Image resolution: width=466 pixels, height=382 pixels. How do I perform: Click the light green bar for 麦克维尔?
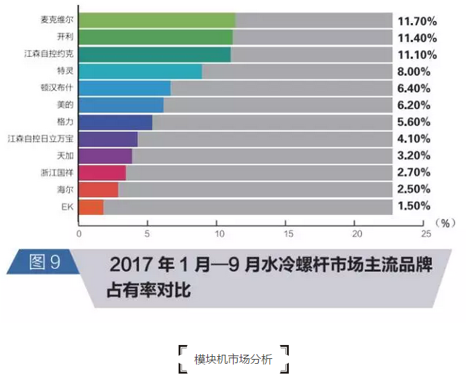point(157,20)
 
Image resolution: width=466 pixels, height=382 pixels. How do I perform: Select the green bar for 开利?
point(156,37)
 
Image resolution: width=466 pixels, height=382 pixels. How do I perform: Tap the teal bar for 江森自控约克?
point(154,54)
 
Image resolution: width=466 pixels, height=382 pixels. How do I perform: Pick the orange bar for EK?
point(91,207)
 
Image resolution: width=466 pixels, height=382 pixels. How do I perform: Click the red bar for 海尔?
point(98,190)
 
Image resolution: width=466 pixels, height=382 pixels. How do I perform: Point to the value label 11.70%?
point(417,21)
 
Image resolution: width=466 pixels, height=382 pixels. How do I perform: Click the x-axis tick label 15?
point(287,233)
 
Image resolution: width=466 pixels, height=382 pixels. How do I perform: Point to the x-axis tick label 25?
point(426,233)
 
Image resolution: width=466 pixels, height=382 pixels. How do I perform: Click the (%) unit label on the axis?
point(444,223)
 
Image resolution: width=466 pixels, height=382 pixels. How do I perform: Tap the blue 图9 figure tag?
point(43,262)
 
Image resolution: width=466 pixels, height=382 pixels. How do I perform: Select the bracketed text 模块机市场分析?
point(233,360)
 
